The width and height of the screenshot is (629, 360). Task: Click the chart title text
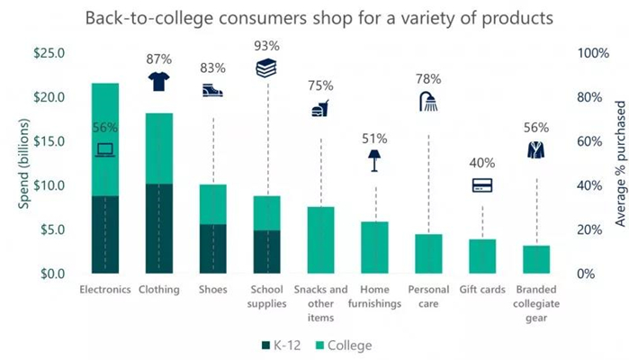point(315,18)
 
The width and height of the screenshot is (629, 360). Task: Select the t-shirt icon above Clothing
point(158,82)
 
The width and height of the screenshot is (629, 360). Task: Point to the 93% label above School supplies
point(266,45)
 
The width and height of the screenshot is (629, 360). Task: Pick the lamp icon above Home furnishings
point(373,160)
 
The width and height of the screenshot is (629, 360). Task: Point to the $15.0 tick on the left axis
point(48,141)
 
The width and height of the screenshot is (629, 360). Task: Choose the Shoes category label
point(212,290)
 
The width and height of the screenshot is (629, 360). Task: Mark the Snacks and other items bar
point(320,240)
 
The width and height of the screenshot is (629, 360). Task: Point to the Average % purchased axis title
point(619,163)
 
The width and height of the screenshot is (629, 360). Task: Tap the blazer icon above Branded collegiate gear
point(535,150)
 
